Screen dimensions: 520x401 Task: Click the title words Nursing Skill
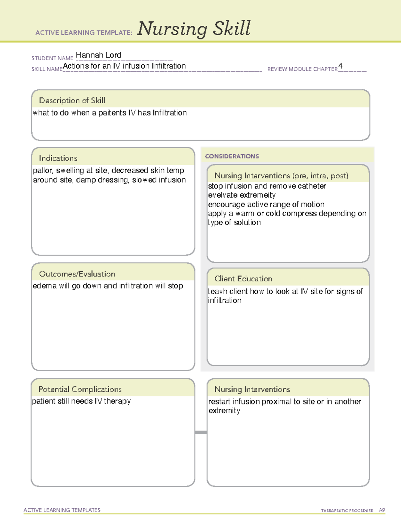point(194,29)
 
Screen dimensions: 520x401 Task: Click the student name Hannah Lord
point(98,55)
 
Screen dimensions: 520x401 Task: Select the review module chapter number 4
point(340,66)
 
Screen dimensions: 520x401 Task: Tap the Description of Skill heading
point(72,100)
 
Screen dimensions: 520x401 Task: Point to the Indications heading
point(58,158)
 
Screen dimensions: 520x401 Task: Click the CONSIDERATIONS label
point(232,156)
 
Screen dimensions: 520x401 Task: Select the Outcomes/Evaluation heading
point(77,274)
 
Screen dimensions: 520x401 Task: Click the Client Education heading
point(243,279)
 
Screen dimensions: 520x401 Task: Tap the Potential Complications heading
point(80,389)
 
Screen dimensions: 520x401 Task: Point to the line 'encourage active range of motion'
point(266,204)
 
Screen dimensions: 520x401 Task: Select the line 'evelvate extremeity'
point(242,195)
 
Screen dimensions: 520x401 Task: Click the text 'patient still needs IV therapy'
point(81,401)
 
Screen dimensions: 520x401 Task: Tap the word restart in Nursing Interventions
point(219,401)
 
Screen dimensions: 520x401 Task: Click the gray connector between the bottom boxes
point(201,432)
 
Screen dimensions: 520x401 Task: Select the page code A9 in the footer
point(382,510)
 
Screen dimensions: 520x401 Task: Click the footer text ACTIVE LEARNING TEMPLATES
point(62,510)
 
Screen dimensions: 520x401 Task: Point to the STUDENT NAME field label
point(52,58)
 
